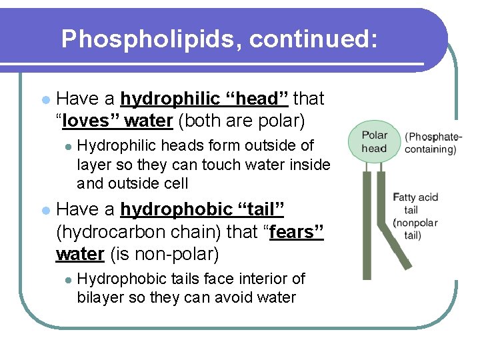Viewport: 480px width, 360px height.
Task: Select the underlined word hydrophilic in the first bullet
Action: tap(170, 99)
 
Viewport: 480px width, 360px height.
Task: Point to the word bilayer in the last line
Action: tap(101, 297)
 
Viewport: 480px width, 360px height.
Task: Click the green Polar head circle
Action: tap(374, 141)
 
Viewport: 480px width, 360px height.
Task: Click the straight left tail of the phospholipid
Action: tap(367, 227)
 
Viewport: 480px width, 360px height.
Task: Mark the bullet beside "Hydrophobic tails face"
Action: tap(67, 279)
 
